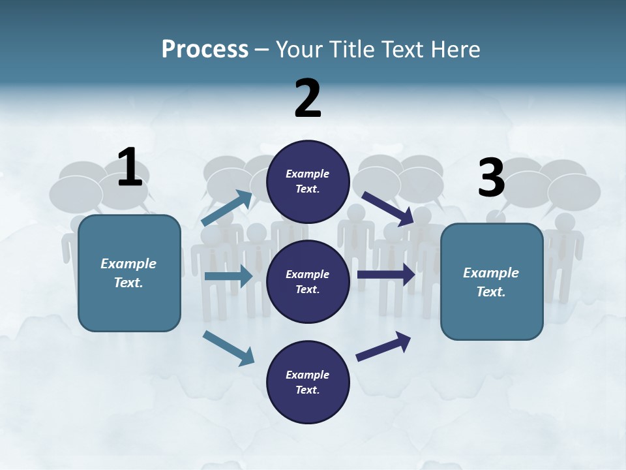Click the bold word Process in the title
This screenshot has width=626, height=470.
205,49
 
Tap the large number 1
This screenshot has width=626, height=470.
130,168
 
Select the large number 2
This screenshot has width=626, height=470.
308,99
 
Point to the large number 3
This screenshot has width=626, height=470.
491,178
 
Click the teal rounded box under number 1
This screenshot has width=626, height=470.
129,273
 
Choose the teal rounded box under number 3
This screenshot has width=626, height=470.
492,282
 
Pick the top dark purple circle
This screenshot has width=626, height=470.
308,181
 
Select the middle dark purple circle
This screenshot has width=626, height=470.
308,281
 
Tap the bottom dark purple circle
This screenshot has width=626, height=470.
308,382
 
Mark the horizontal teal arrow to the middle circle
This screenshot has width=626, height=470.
228,276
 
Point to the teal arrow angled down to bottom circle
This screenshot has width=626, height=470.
228,348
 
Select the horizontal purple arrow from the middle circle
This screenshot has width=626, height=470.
386,275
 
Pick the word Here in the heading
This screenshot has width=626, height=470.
456,49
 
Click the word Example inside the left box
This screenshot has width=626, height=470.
128,264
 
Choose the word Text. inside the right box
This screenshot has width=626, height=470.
491,292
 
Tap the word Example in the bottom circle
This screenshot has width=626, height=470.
307,375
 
